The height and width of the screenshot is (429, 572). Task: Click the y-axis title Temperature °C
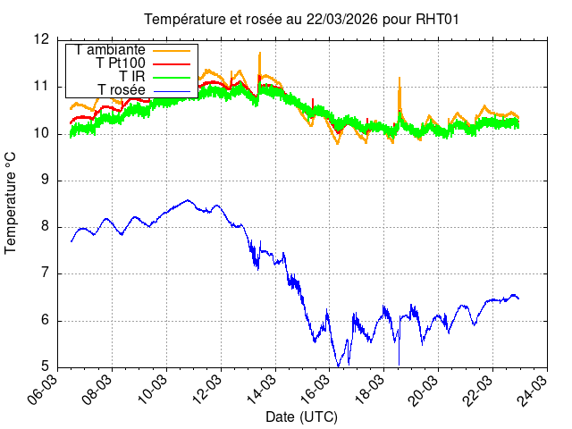pos(11,202)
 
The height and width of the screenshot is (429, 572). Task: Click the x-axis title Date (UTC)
pos(301,416)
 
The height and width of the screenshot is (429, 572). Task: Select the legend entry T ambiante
pos(110,50)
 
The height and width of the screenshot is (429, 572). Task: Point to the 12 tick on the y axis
pos(41,40)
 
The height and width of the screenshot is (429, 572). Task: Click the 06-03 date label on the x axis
pos(46,391)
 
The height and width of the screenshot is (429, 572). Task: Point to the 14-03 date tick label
pos(264,391)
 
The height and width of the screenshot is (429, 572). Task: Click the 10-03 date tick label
pos(156,391)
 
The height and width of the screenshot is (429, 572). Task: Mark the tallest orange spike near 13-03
pos(259,53)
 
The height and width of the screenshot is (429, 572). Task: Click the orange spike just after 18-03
pos(399,79)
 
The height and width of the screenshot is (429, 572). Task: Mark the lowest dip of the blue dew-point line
pos(338,366)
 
